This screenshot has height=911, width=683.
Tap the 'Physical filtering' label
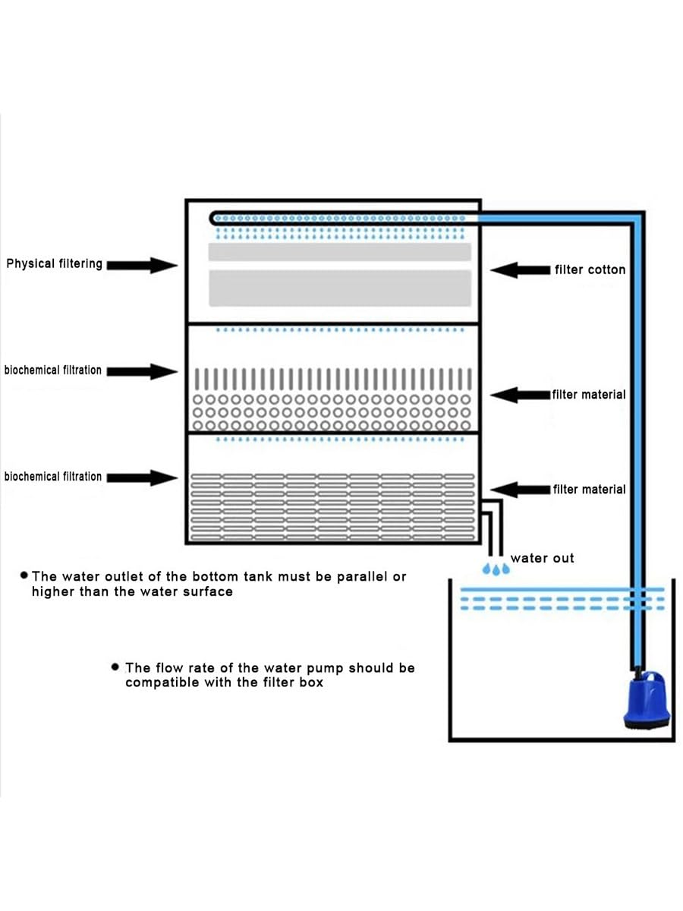(54, 264)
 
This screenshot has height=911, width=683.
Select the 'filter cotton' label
(590, 270)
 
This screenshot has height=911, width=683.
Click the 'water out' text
(542, 558)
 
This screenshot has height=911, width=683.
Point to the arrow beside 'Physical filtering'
(142, 265)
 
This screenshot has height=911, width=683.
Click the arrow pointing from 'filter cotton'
(520, 270)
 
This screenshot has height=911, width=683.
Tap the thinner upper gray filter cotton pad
(340, 252)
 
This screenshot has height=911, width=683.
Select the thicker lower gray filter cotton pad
(340, 288)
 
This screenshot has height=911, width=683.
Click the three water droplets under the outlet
(496, 569)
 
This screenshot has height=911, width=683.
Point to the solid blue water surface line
(562, 589)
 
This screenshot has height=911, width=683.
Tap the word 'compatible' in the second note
(162, 682)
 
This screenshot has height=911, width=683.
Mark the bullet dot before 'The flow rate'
(115, 667)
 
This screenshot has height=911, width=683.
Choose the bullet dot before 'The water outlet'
(24, 575)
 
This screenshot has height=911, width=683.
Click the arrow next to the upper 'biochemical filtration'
(142, 371)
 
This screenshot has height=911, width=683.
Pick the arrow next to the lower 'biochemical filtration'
(142, 478)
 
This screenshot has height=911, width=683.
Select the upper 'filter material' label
(589, 394)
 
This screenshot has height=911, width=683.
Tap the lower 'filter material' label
(589, 490)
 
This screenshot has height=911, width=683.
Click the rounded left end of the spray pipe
(212, 219)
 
